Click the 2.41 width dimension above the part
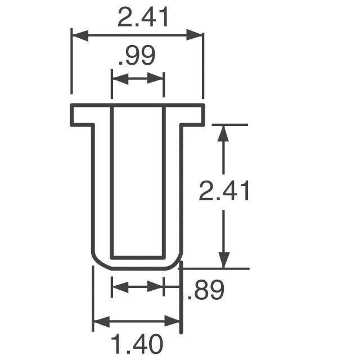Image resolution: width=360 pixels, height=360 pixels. (x=143, y=19)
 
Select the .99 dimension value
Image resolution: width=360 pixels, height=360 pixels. (x=137, y=57)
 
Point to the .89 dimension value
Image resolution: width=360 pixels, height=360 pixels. (x=206, y=290)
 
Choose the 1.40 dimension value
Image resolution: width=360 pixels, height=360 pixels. (x=137, y=343)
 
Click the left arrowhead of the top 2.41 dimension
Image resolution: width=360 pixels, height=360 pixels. (x=78, y=36)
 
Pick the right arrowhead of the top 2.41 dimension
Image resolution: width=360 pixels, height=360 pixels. (x=196, y=36)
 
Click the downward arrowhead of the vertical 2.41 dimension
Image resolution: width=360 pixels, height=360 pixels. (x=224, y=262)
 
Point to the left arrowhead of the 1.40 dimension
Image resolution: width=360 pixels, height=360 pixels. (x=100, y=322)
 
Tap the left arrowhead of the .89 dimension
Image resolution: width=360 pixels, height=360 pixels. (x=119, y=288)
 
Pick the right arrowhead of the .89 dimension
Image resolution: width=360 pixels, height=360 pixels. (x=157, y=288)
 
